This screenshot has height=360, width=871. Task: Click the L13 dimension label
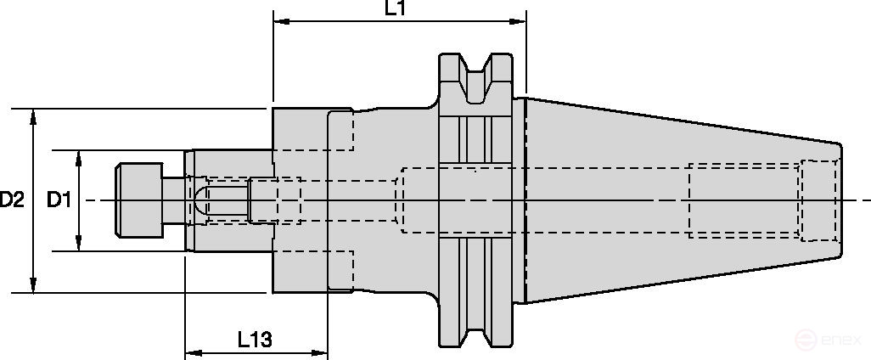pos(254,340)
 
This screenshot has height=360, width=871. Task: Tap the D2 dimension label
pos(12,200)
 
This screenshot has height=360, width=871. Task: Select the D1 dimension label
pos(58,200)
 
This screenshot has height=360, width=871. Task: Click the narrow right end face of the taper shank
pos(840,200)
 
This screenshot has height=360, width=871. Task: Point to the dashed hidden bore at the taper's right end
pos(819,200)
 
